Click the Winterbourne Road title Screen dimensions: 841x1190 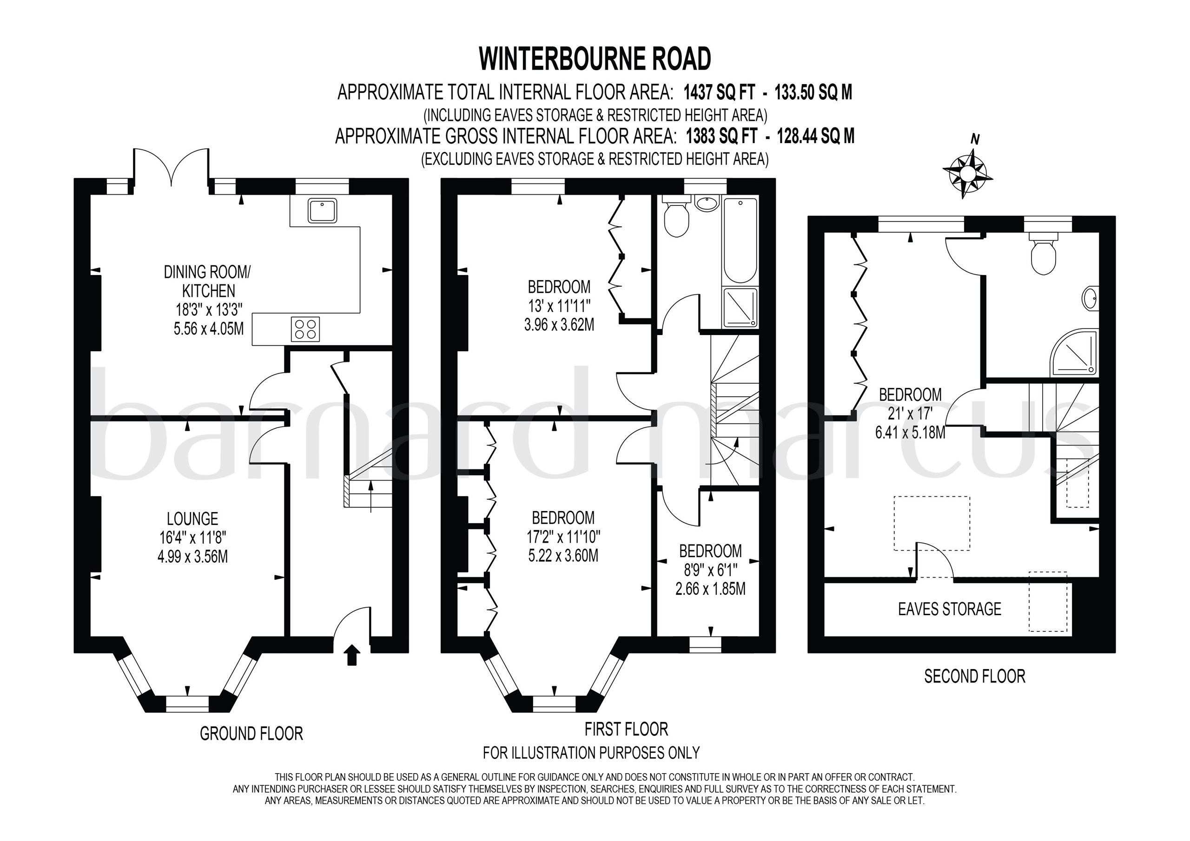tap(595, 59)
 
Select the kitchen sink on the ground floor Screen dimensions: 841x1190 tap(323, 210)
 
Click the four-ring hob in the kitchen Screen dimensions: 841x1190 tap(305, 329)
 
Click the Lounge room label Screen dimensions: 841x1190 tap(192, 519)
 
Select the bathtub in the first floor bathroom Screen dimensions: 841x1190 tap(740, 241)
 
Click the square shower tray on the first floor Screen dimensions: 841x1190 tap(740, 308)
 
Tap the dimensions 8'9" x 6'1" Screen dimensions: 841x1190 tap(711, 570)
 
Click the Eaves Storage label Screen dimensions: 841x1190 tap(949, 609)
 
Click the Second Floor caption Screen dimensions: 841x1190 tap(974, 676)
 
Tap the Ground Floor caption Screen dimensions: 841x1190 tap(251, 734)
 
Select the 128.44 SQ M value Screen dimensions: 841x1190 tap(815, 136)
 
